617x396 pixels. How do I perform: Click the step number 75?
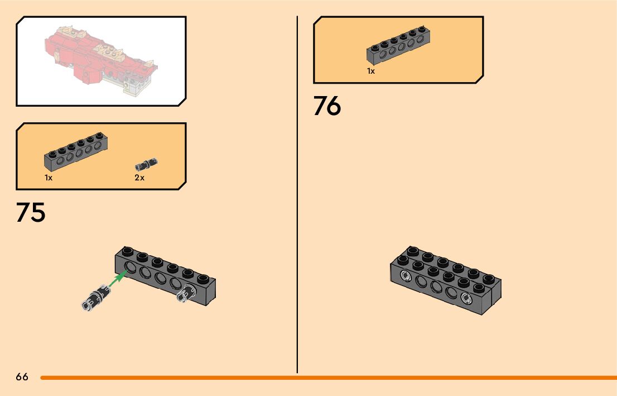31,213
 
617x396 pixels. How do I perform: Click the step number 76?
327,106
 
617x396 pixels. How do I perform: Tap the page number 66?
22,377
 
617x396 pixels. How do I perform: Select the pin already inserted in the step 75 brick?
186,293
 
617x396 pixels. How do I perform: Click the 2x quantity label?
139,178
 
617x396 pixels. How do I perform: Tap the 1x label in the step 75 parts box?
49,178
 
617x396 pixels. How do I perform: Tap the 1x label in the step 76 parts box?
371,71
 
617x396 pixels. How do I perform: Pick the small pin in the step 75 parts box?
147,164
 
